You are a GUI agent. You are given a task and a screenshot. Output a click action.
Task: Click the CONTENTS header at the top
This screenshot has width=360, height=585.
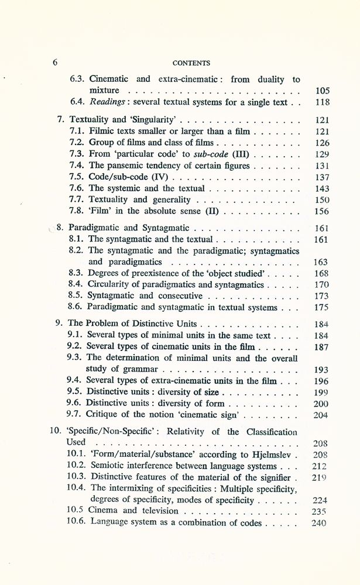[193, 63]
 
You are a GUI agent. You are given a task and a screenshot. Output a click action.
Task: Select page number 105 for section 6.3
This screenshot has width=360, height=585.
[322, 91]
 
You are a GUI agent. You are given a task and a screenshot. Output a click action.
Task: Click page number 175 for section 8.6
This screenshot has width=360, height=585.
[322, 307]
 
